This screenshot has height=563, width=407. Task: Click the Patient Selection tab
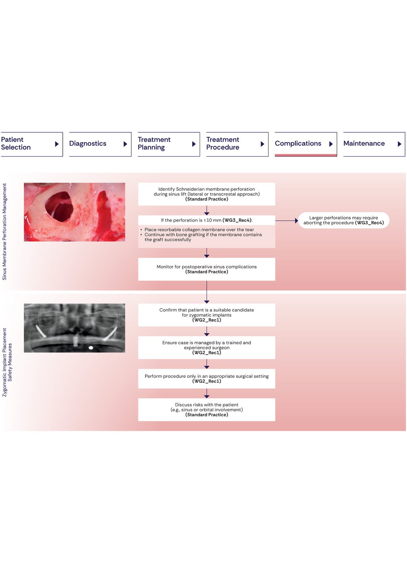point(31,144)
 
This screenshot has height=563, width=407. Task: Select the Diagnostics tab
point(100,144)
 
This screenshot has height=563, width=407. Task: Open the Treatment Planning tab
point(168,144)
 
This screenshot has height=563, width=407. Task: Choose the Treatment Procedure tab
point(237,144)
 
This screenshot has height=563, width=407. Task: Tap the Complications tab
point(305,144)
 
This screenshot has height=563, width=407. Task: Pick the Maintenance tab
point(374,144)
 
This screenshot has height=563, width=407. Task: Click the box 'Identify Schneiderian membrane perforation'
point(207,194)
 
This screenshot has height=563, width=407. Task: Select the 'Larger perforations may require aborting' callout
point(343,220)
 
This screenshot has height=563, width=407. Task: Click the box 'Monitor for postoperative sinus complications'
point(207,269)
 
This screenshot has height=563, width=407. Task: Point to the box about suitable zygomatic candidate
point(207,315)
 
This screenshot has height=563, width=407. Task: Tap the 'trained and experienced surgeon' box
point(207,347)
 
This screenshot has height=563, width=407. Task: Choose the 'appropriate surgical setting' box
point(207,378)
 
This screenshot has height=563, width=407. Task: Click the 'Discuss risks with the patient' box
point(207,409)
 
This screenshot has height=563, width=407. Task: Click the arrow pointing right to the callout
point(287,221)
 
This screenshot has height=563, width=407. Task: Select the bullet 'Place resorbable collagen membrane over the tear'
point(199,230)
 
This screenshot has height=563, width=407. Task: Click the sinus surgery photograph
point(74,212)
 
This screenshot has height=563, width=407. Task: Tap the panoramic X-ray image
point(74,328)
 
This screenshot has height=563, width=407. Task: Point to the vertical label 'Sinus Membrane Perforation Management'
point(5,231)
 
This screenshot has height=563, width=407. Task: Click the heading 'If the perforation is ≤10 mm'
point(207,220)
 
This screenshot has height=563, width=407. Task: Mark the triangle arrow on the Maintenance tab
point(399,144)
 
